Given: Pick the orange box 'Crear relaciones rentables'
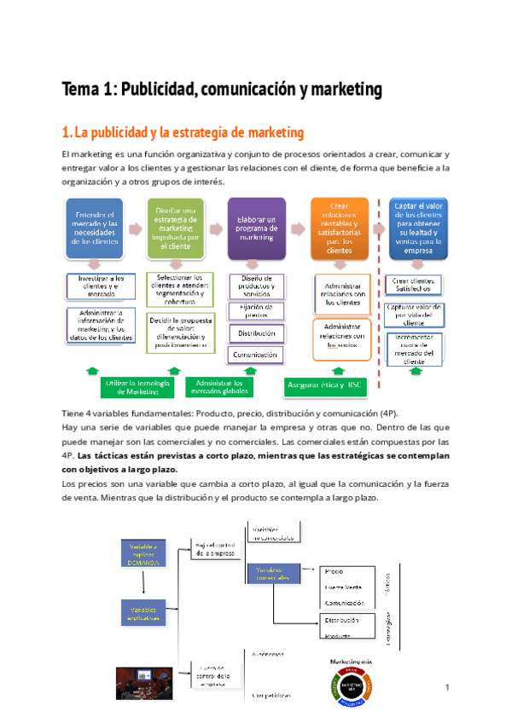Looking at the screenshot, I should coord(340,228).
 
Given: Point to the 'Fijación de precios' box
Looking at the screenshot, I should coord(256,310).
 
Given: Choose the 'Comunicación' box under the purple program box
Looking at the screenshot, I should coord(256,354).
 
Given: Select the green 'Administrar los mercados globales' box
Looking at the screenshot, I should coord(219,388).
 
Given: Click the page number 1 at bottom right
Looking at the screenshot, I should coord(447,687).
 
